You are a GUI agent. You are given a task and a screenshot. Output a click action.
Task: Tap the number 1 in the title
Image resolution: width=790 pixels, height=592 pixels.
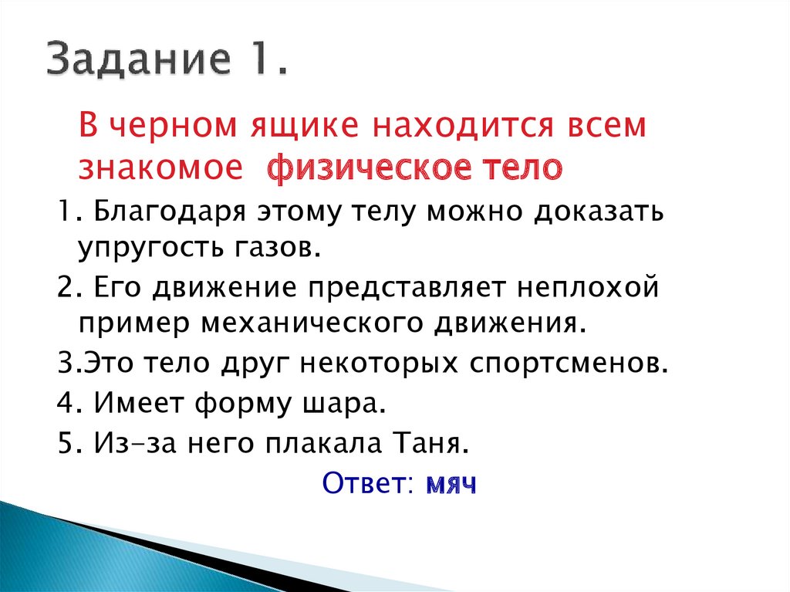point(270,59)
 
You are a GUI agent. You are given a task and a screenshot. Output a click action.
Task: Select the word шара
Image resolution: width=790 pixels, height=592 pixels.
point(351,404)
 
